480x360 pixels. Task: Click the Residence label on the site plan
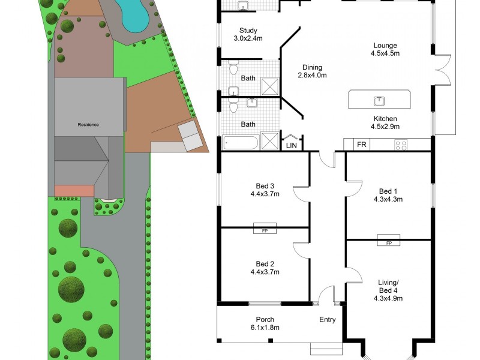coord(88,125)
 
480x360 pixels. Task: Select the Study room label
coord(248,31)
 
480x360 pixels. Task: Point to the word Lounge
coord(385,46)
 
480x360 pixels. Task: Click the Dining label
coord(312,67)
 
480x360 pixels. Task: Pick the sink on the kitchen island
coord(379,100)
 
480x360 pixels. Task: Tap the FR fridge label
coord(362,145)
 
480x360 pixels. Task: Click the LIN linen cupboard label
coord(292,145)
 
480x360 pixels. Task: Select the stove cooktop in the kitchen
coord(400,145)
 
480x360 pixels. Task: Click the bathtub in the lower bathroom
coord(240,143)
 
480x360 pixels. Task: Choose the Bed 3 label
coord(265,186)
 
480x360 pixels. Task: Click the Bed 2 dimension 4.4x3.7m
coord(265,272)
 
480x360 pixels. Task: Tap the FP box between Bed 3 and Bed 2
coord(264,230)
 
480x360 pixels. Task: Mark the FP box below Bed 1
coord(388,242)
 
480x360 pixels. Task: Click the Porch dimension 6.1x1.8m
coord(265,328)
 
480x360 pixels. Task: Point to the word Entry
coord(327,320)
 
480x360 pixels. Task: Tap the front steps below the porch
coord(326,349)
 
